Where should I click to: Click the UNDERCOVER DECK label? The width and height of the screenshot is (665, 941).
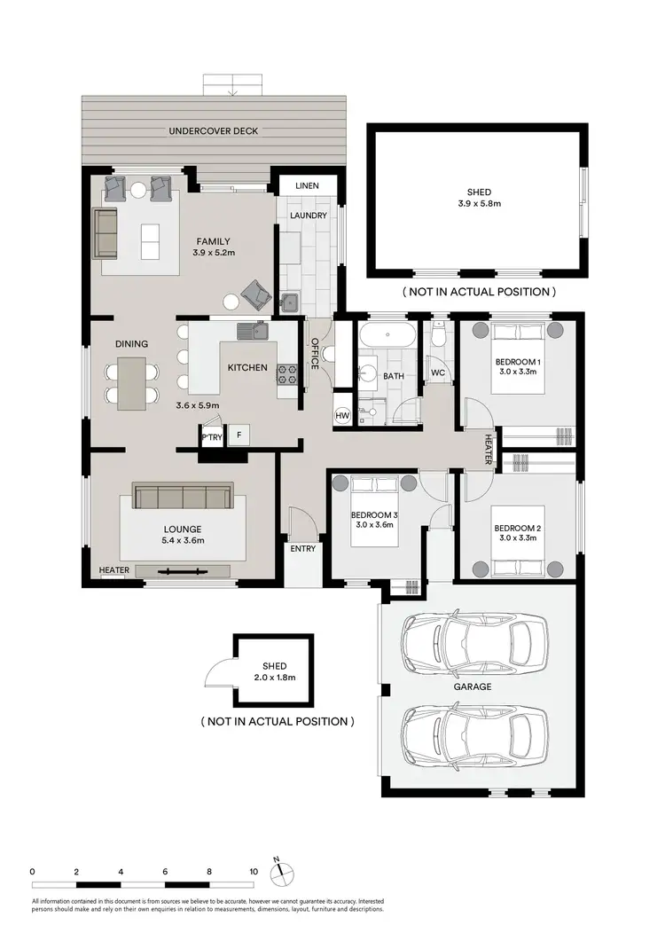[x=214, y=131]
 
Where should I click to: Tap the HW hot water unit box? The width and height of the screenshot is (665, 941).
[x=342, y=417]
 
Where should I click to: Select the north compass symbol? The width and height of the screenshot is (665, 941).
[x=280, y=870]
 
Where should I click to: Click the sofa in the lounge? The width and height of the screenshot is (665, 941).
[x=182, y=497]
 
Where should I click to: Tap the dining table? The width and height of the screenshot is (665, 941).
[x=131, y=381]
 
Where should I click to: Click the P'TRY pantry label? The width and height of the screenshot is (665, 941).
[x=211, y=436]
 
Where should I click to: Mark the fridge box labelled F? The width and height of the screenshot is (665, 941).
[x=237, y=435]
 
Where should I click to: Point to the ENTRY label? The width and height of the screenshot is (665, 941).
[x=302, y=548]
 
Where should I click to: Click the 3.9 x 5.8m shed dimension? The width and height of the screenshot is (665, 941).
[x=479, y=204]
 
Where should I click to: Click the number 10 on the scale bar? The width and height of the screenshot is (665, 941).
[x=254, y=872]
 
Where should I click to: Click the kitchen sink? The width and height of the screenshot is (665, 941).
[x=252, y=332]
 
